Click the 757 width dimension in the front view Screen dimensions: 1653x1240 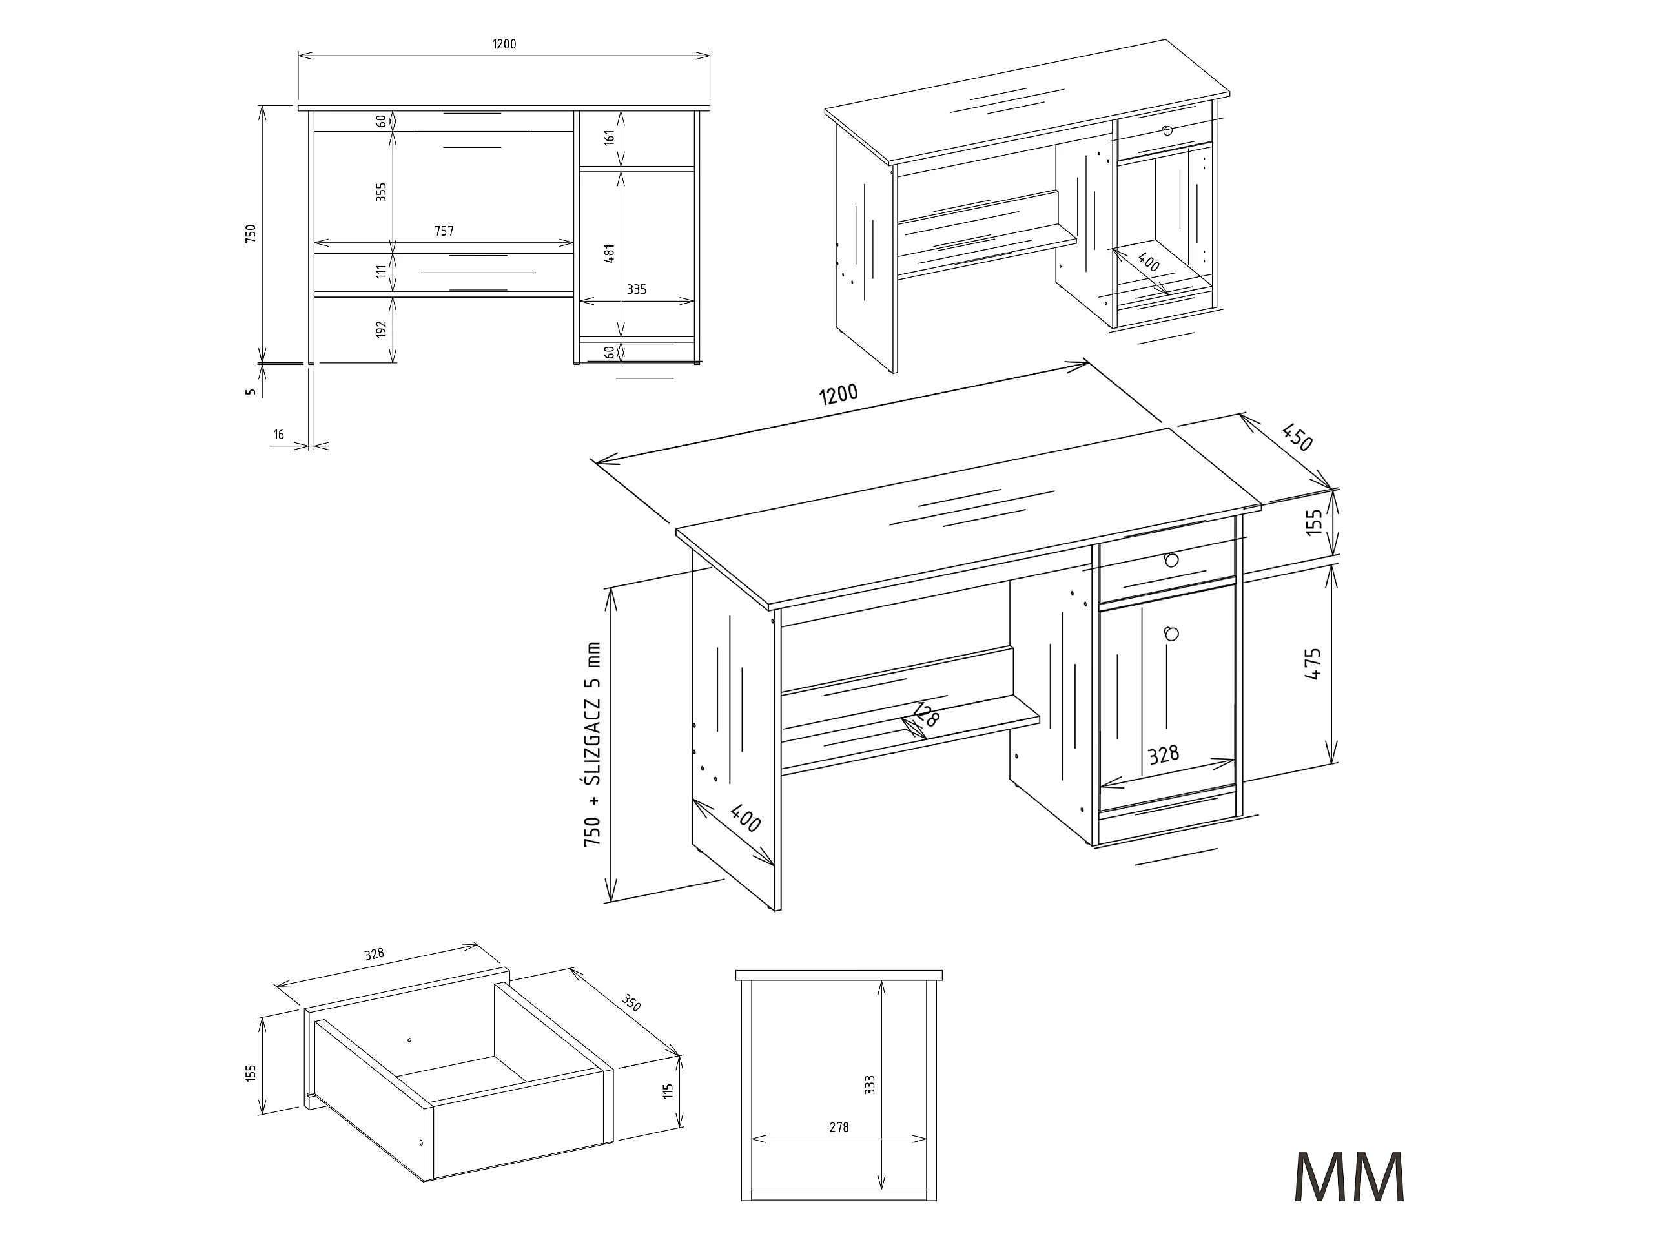point(444,231)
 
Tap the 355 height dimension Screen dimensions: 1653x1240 point(381,193)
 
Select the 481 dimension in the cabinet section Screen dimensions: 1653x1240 point(610,253)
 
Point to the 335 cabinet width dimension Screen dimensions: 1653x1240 point(637,289)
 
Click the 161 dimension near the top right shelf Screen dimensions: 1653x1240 point(610,138)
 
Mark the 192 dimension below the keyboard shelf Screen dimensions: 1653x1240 point(381,329)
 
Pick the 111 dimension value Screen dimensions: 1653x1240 point(381,271)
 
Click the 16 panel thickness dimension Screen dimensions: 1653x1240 point(279,434)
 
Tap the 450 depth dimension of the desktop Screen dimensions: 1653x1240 point(1297,437)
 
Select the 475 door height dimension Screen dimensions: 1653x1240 point(1313,663)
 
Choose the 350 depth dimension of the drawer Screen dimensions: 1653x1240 point(631,1004)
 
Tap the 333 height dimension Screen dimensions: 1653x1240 point(869,1085)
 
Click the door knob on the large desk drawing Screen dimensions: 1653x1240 point(1171,634)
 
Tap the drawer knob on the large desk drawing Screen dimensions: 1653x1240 point(1171,559)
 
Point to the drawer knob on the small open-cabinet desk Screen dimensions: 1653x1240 point(1167,130)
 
